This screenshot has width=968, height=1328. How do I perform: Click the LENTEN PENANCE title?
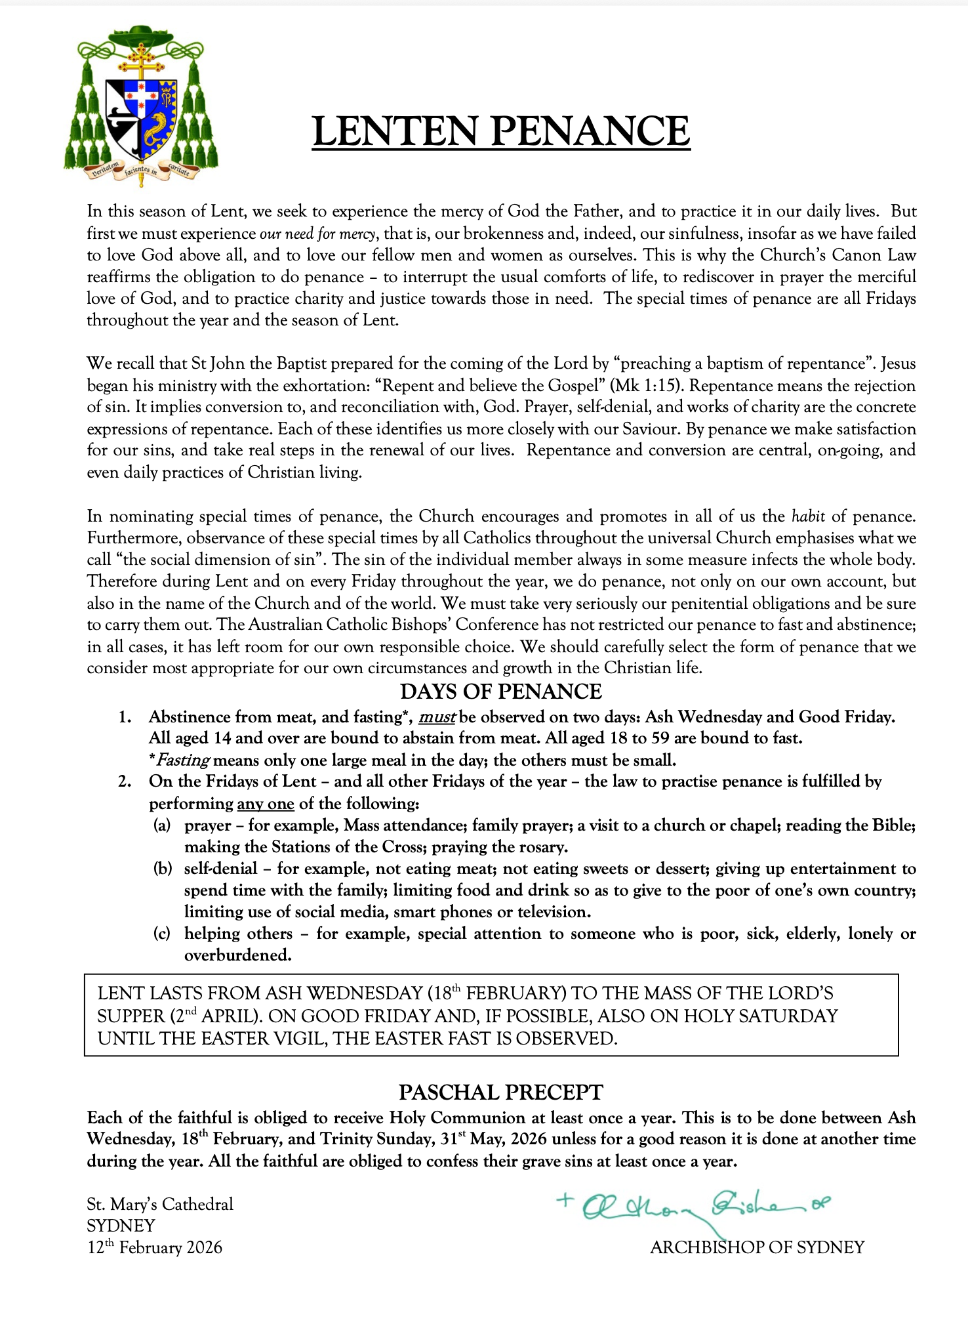pyautogui.click(x=501, y=131)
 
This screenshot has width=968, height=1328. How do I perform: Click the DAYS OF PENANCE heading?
pyautogui.click(x=501, y=692)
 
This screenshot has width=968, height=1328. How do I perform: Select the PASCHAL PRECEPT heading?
pyautogui.click(x=501, y=1092)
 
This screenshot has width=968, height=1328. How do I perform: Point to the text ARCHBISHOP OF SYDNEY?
pyautogui.click(x=757, y=1247)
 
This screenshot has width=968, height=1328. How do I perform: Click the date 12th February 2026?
pyautogui.click(x=155, y=1247)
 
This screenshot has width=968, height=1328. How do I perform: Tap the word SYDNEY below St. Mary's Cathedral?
pyautogui.click(x=121, y=1226)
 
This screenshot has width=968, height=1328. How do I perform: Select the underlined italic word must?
pyautogui.click(x=437, y=716)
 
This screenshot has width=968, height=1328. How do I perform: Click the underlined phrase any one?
pyautogui.click(x=265, y=804)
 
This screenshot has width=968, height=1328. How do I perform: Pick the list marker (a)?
pyautogui.click(x=162, y=825)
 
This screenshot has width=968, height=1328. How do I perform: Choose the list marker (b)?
pyautogui.click(x=162, y=869)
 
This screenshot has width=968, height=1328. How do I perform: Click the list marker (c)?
pyautogui.click(x=162, y=934)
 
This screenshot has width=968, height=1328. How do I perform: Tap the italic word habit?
pyautogui.click(x=808, y=516)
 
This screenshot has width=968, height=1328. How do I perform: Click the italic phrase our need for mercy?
pyautogui.click(x=318, y=234)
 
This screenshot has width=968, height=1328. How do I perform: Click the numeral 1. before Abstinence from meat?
pyautogui.click(x=125, y=717)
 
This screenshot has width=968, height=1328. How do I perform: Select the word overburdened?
pyautogui.click(x=237, y=955)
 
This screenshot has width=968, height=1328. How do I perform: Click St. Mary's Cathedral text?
pyautogui.click(x=160, y=1204)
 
